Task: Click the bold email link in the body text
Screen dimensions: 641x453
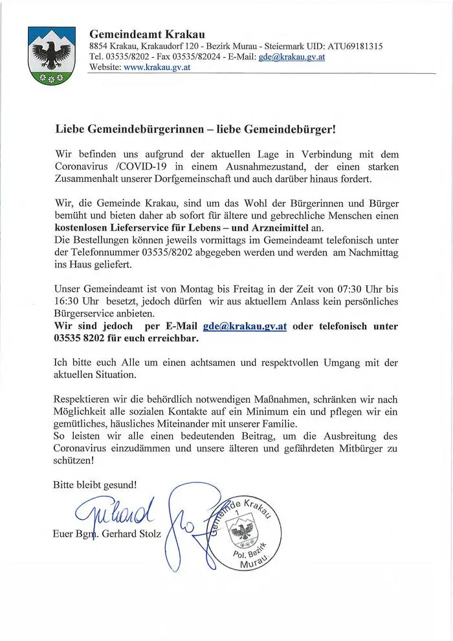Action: click(x=245, y=326)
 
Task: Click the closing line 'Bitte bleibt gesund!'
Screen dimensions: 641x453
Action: click(x=95, y=483)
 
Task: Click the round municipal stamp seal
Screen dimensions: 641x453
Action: click(x=245, y=534)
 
